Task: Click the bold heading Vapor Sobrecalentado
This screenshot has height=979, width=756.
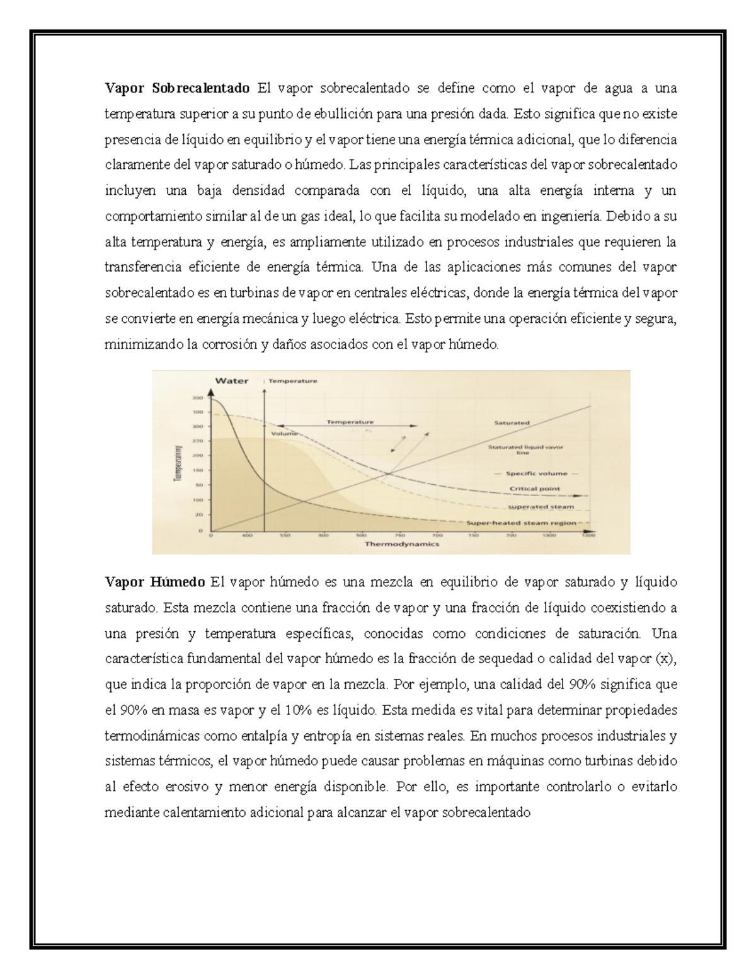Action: tap(177, 88)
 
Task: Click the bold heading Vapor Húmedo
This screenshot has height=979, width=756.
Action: tap(155, 581)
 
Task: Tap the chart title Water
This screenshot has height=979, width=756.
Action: tap(232, 381)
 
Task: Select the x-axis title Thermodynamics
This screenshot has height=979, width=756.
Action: tap(402, 544)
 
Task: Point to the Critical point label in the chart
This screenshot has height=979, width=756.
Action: tap(535, 489)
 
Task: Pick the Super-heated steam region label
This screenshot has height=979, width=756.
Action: tap(521, 523)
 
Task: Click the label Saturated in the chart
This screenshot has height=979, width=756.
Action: tap(512, 423)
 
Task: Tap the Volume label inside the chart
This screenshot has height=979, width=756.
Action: tap(284, 434)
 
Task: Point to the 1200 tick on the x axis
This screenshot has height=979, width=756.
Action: tap(588, 536)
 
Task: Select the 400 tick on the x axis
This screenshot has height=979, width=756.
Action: tap(247, 536)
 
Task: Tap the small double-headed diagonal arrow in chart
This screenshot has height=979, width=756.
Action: tap(399, 444)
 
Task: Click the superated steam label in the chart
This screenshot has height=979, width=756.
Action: tap(541, 507)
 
